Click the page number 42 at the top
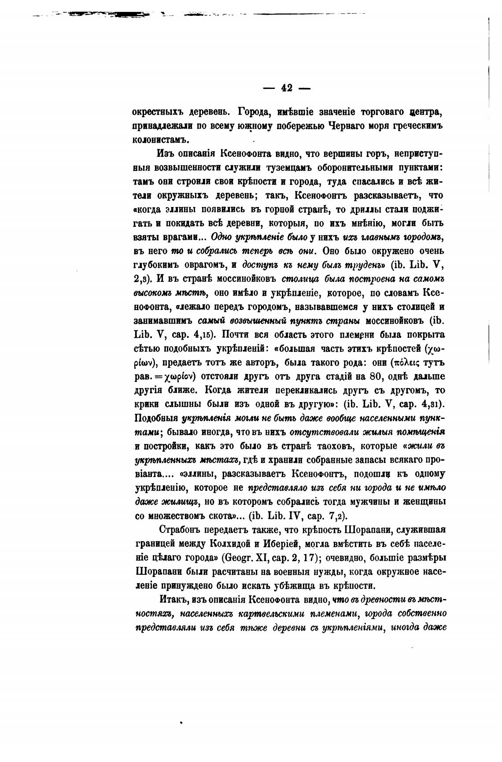[287, 87]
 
